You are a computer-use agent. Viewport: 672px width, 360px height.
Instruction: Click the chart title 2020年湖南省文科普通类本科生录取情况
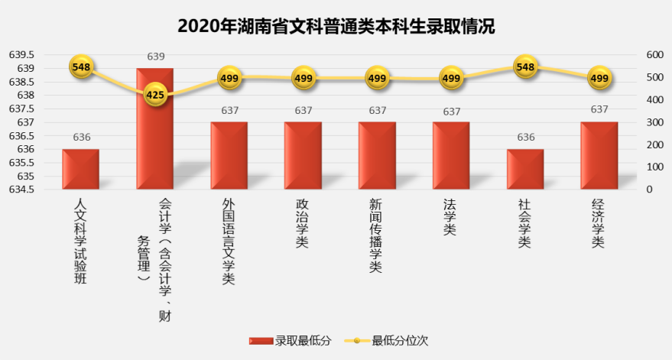(x=336, y=26)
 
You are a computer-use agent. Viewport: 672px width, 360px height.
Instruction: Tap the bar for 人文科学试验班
(x=81, y=169)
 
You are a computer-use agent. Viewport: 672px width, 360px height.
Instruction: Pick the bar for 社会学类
(x=525, y=169)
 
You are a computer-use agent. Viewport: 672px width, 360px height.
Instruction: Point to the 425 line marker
(x=155, y=95)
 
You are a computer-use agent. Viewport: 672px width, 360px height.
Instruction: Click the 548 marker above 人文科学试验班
(x=81, y=67)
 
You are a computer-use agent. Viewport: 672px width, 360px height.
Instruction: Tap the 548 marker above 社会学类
(x=525, y=67)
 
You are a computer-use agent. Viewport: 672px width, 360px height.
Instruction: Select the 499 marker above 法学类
(x=451, y=78)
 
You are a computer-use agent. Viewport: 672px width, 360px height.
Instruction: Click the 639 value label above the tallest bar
(x=155, y=56)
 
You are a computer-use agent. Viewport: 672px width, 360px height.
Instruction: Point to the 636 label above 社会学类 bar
(x=525, y=138)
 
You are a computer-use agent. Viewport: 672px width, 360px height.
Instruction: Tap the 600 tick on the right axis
(x=654, y=55)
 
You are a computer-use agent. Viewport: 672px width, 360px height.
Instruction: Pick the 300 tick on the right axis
(x=654, y=122)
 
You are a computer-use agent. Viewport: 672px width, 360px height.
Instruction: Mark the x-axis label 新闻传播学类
(x=376, y=235)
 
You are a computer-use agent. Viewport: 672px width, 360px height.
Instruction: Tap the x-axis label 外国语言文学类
(x=229, y=242)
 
